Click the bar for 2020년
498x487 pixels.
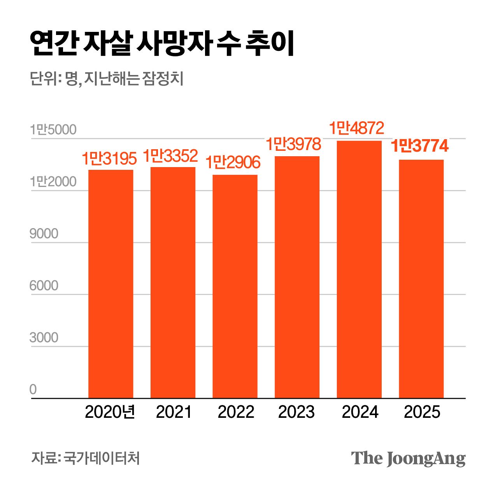pyautogui.click(x=110, y=284)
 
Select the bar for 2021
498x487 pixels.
pyautogui.click(x=173, y=283)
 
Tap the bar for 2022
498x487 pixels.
pyautogui.click(x=235, y=286)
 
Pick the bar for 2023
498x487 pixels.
pyautogui.click(x=297, y=277)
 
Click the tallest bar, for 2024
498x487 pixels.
pyautogui.click(x=359, y=269)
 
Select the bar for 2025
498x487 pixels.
pyautogui.click(x=421, y=279)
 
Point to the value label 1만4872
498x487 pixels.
pyautogui.click(x=356, y=128)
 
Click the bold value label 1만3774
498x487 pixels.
pyautogui.click(x=419, y=146)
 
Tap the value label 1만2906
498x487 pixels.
pyautogui.click(x=233, y=162)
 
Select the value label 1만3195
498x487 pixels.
pyautogui.click(x=109, y=159)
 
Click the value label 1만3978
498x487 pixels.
pyautogui.click(x=293, y=144)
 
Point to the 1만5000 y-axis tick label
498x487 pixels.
pyautogui.click(x=53, y=130)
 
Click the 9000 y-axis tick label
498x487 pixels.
pyautogui.click(x=44, y=234)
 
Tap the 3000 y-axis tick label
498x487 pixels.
pyautogui.click(x=44, y=338)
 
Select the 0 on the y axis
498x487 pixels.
pyautogui.click(x=33, y=389)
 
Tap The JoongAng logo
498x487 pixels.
pyautogui.click(x=408, y=459)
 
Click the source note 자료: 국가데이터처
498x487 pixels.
pyautogui.click(x=85, y=458)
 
